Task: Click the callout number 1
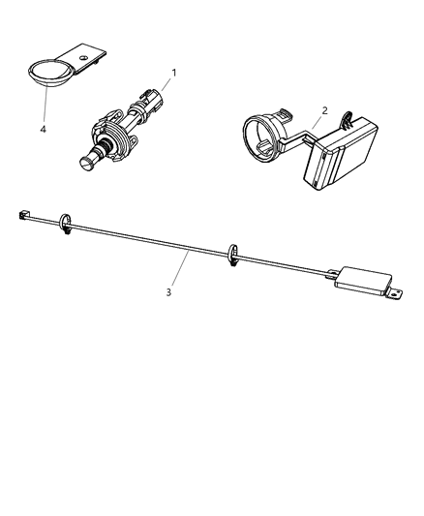174,73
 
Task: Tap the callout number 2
324,110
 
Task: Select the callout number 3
168,292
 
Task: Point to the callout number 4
44,130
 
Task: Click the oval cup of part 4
49,74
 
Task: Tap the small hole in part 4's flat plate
82,57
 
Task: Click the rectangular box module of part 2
340,153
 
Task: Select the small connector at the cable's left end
23,215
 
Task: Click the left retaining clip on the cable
65,224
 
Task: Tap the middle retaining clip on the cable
232,255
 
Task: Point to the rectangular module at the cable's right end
363,281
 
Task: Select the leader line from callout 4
45,104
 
